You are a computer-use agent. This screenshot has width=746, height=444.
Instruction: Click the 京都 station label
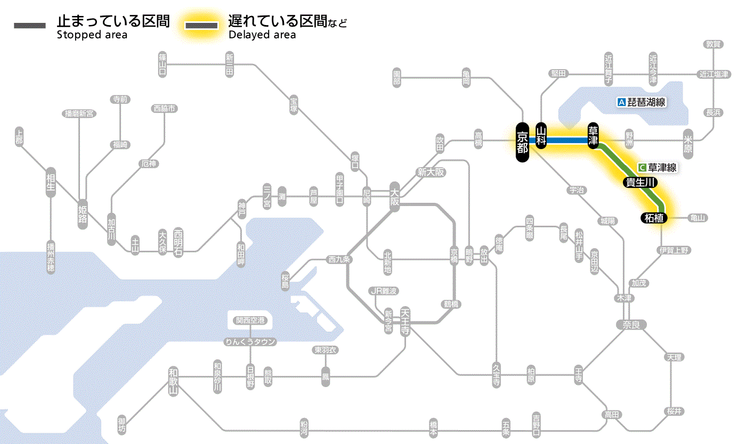click(522, 142)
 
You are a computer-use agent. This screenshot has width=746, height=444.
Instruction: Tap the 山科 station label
click(541, 137)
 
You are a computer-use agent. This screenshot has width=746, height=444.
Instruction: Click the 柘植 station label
click(654, 218)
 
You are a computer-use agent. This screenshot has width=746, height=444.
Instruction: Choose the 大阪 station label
click(394, 196)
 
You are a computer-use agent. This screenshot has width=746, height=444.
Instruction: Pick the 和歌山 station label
click(173, 382)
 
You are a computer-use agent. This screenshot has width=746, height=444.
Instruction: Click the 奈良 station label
click(630, 324)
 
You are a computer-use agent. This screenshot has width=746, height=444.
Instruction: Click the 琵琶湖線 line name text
click(647, 102)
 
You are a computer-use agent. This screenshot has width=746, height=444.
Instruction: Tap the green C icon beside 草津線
click(642, 167)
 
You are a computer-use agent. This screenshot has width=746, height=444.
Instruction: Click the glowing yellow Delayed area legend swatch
click(201, 26)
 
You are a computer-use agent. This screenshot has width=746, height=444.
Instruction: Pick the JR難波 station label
click(384, 291)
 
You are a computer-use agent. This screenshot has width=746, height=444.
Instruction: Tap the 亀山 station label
click(698, 218)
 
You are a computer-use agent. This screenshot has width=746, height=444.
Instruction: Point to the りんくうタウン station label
click(250, 342)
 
